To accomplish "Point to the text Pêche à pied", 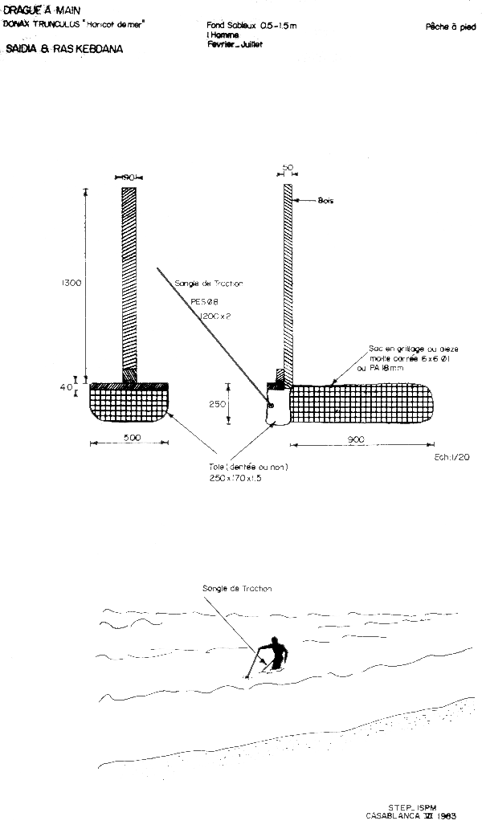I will point(451,27).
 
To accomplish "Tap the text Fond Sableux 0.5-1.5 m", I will point(251,27).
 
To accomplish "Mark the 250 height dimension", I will point(218,405).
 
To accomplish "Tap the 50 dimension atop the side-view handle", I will point(288,168).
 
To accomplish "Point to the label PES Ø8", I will point(204,301).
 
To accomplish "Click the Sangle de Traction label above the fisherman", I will point(237,589).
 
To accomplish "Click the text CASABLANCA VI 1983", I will point(411,815).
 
